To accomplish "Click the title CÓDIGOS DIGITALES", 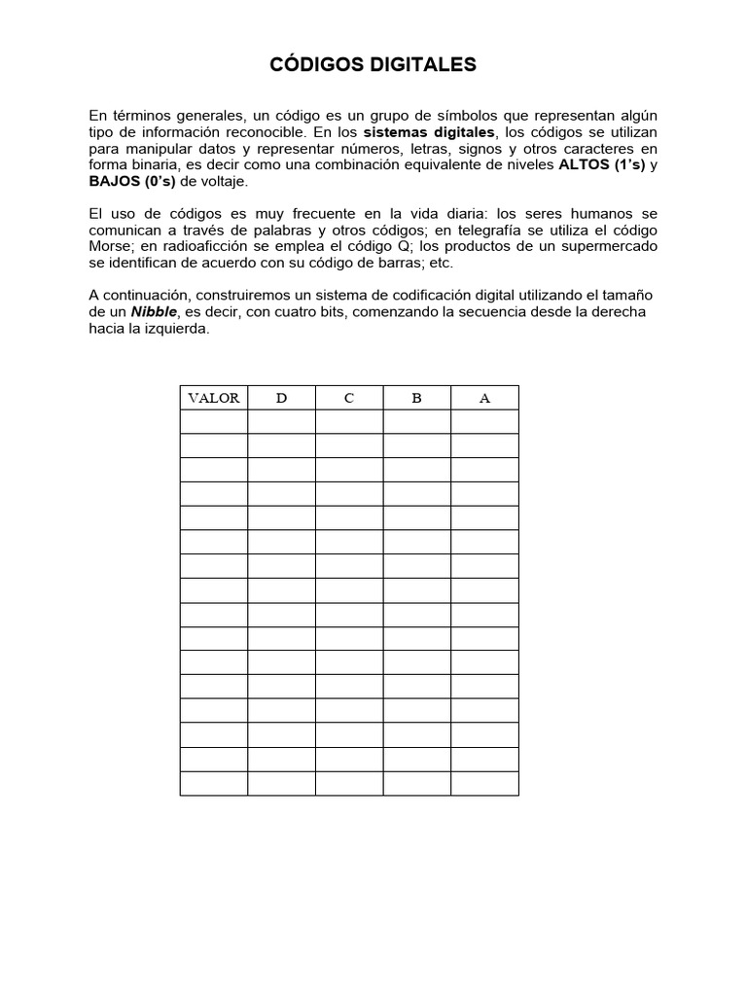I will tap(373, 65).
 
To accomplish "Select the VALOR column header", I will tap(214, 398).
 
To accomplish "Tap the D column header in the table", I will tap(281, 398).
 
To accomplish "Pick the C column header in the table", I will tap(349, 398).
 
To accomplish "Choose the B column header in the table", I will tap(416, 398).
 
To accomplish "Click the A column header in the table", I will tap(484, 398).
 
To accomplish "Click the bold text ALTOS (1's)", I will tap(601, 164).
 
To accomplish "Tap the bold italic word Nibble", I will tap(155, 312).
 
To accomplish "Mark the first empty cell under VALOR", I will tap(214, 421).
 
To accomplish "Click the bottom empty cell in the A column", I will tap(484, 783).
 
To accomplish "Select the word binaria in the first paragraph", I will tap(152, 164).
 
